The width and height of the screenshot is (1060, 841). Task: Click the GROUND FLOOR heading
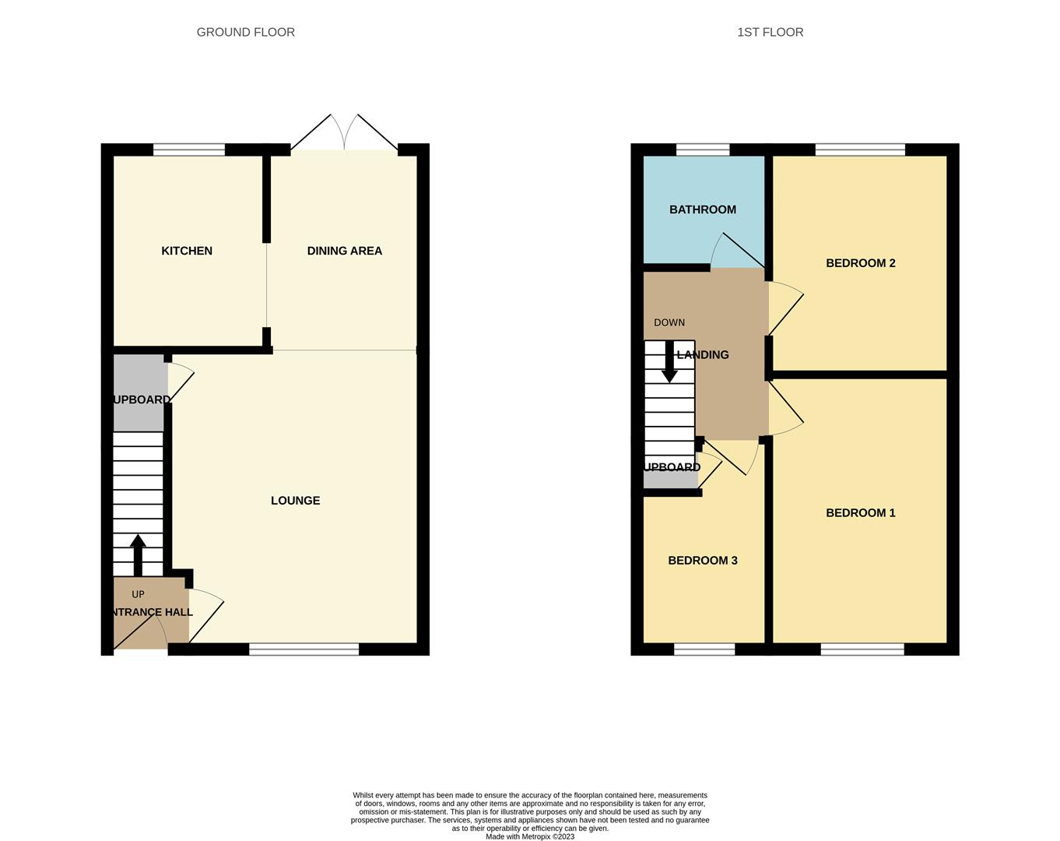[x=245, y=32]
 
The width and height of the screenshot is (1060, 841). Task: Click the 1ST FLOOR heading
[x=770, y=32]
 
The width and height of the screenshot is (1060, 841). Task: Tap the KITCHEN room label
[x=187, y=251]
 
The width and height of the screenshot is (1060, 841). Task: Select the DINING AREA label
[x=344, y=251]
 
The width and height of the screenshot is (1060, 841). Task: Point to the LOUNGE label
[x=295, y=501]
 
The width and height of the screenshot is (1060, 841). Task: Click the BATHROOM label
[x=702, y=209]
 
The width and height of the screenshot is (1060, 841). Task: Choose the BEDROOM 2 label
[x=860, y=263]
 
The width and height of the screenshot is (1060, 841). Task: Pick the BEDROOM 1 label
[x=860, y=513]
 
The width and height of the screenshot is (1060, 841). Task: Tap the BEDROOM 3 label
[x=702, y=561]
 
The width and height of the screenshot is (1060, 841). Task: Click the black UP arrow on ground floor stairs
[x=138, y=553]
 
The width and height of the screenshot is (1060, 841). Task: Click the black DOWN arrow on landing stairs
[x=669, y=362]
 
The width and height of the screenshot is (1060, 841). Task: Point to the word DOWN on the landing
[x=669, y=322]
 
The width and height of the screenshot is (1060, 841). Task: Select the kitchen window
[x=189, y=150]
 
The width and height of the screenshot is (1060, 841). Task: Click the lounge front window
[x=304, y=649]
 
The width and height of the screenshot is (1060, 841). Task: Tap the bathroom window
[x=703, y=150]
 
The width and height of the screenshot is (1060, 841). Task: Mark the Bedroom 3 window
[x=704, y=649]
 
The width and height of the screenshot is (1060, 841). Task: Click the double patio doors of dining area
[x=344, y=134]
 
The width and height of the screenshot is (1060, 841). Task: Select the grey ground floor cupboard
[x=139, y=393]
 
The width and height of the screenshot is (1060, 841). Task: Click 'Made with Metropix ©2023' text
[x=530, y=836]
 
